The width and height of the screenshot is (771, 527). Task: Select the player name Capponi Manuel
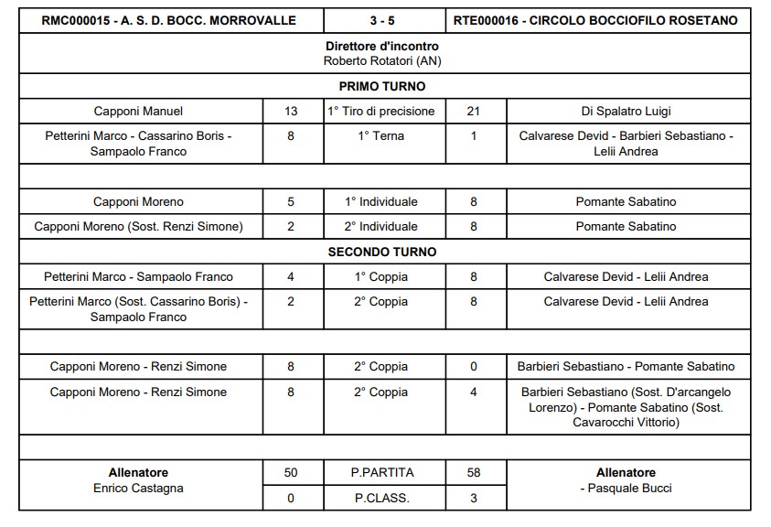tap(138, 112)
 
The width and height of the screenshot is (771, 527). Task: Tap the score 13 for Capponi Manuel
tap(291, 112)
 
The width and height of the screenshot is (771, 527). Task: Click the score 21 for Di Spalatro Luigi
tap(473, 112)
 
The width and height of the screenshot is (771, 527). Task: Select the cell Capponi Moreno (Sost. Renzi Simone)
tap(138, 226)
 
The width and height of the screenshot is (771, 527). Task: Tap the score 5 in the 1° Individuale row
tap(291, 201)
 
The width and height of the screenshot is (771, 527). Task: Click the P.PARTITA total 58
tap(473, 472)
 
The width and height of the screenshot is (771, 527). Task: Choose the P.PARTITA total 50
tap(291, 472)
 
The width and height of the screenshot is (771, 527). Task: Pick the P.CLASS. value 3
tap(473, 498)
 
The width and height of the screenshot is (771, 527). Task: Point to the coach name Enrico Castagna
tap(138, 489)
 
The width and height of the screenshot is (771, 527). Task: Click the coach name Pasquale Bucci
tap(629, 489)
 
